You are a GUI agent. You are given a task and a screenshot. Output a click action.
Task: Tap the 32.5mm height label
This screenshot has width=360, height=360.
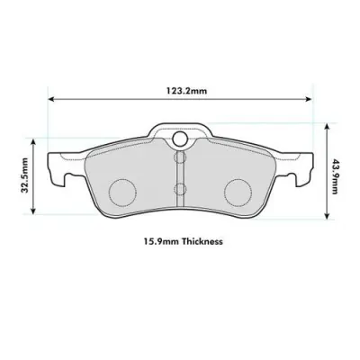tap(26, 176)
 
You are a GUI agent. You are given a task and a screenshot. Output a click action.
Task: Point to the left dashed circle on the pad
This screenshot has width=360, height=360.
tap(121, 190)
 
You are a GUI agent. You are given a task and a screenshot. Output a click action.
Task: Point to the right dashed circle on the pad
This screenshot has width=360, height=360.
tap(237, 190)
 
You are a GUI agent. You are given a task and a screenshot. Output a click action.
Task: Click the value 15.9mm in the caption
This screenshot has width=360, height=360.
tap(157, 242)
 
